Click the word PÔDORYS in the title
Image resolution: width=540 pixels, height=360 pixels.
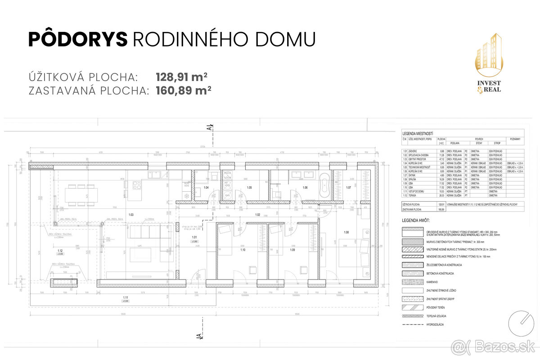(x=78, y=39)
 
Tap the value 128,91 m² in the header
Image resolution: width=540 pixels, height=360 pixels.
(x=181, y=76)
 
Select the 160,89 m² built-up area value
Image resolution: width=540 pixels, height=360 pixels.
(x=184, y=90)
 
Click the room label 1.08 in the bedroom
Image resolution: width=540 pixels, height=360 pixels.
(x=346, y=232)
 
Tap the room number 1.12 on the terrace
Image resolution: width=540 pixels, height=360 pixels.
(x=60, y=250)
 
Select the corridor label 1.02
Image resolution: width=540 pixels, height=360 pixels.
(x=258, y=215)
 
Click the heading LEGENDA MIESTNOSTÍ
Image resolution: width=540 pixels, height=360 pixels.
(x=417, y=134)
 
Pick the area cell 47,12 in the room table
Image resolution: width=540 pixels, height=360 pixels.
(x=441, y=159)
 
